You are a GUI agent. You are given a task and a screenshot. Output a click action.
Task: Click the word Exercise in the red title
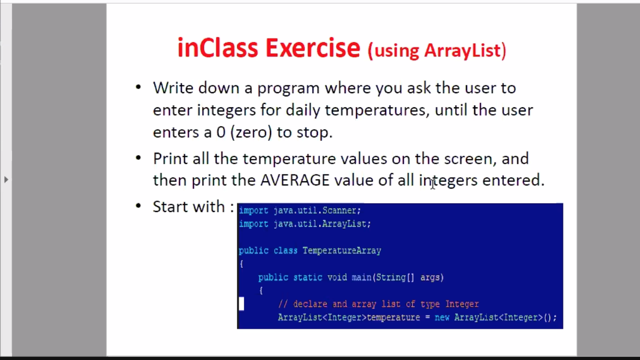[313, 48]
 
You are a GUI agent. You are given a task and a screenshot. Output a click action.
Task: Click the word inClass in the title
[218, 48]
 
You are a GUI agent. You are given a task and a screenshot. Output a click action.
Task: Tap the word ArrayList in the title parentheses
[463, 51]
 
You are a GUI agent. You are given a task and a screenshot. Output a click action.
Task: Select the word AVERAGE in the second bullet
[295, 180]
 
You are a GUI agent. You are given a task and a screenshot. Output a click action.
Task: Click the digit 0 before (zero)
[221, 132]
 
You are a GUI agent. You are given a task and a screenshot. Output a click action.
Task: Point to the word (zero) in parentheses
[251, 132]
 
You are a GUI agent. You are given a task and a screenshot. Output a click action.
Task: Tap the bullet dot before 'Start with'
[139, 206]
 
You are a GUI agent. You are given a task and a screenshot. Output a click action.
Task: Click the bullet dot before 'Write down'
[139, 87]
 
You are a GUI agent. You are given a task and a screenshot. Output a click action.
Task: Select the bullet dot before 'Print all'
[139, 157]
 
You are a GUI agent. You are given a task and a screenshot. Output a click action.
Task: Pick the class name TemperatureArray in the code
[342, 251]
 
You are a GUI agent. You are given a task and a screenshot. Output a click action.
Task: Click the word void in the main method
[337, 278]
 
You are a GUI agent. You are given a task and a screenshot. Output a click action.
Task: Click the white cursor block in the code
[241, 303]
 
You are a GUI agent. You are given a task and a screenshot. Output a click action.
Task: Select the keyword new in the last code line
[442, 317]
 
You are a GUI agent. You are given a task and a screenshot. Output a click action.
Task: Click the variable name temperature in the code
[393, 318]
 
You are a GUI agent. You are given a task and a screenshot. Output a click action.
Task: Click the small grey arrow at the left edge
[6, 180]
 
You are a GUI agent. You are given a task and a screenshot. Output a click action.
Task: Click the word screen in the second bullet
[468, 159]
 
